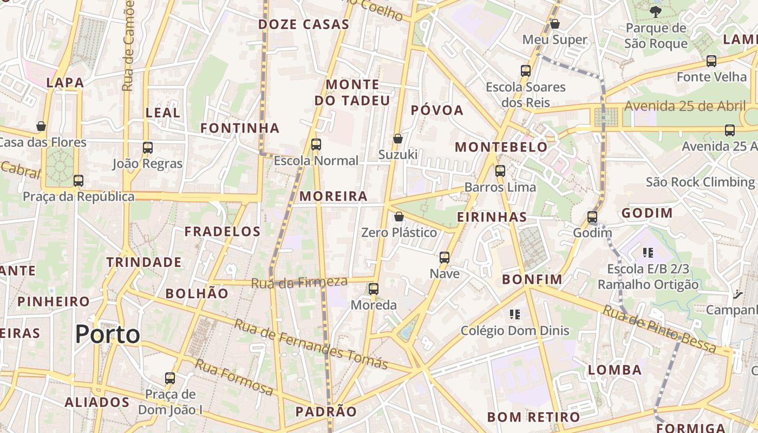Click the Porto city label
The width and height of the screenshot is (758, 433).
tap(108, 334)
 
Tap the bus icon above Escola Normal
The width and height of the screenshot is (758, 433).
tap(316, 145)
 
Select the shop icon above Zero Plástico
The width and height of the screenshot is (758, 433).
tap(399, 216)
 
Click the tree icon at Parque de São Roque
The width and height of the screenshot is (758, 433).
tap(655, 11)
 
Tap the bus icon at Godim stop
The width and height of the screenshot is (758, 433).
tap(592, 217)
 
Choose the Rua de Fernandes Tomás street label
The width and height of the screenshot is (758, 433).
tap(311, 344)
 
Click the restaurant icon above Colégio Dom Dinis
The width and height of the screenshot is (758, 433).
tap(514, 314)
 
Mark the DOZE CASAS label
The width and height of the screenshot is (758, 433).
tap(304, 24)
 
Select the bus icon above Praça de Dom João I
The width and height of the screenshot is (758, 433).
tap(170, 378)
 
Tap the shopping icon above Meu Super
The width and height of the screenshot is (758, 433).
tap(555, 24)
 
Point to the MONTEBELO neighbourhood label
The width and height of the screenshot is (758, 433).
tap(501, 147)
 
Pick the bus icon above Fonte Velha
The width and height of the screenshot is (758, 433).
tap(711, 61)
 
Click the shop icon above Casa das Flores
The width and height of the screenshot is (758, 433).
tap(41, 126)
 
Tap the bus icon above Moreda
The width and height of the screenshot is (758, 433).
tap(374, 288)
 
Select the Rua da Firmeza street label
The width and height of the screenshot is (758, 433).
tap(299, 282)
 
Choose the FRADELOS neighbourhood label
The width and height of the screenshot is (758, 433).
tap(223, 232)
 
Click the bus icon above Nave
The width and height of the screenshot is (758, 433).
tap(445, 257)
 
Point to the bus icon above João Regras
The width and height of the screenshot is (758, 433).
tap(148, 147)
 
